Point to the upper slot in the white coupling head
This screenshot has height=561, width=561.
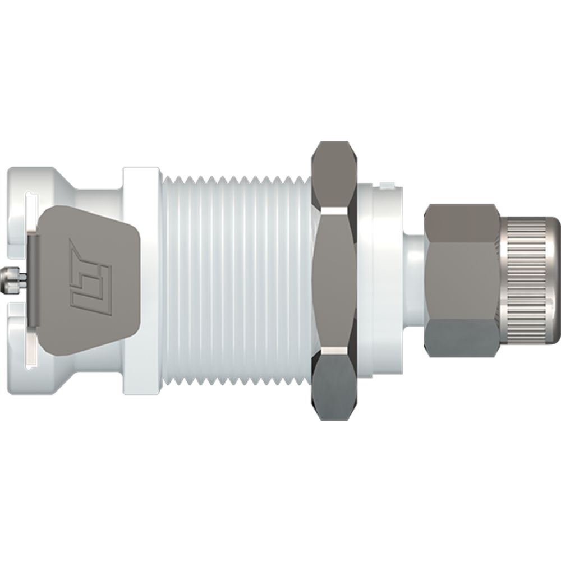click(31, 196)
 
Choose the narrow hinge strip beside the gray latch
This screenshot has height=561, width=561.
click(34, 280)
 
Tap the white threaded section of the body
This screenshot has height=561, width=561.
click(236, 280)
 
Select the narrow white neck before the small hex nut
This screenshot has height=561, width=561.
click(414, 280)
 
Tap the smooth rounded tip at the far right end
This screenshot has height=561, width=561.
click(555, 280)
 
